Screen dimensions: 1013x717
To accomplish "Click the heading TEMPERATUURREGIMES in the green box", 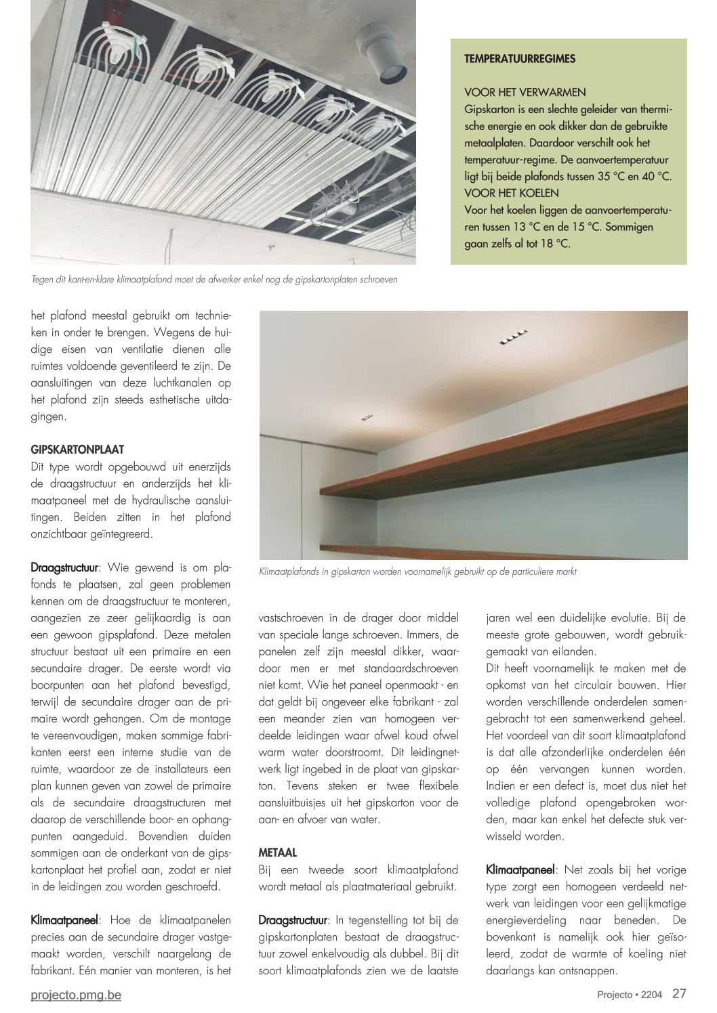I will click(x=520, y=59).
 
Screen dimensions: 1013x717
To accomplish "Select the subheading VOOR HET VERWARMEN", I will click(x=525, y=92).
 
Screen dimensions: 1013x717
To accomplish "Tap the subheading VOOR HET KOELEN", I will click(x=512, y=193).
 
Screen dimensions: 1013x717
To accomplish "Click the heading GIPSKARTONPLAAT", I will click(x=77, y=450).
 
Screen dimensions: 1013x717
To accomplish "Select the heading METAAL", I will click(x=278, y=853).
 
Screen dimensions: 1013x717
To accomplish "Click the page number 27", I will click(x=679, y=994).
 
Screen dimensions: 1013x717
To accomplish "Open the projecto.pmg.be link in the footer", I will click(x=77, y=995).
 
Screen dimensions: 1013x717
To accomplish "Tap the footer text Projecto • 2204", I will click(x=628, y=995).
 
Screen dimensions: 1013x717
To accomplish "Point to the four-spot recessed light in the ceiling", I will click(x=513, y=337).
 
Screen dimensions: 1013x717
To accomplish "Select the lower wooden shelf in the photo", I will click(x=501, y=551).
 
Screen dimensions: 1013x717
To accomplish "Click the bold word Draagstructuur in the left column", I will click(x=65, y=567).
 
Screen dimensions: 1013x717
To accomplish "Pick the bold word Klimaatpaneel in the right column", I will click(x=520, y=869).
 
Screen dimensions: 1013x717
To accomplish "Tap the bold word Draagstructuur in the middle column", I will click(x=293, y=920).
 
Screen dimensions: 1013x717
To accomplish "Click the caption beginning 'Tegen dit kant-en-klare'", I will click(x=214, y=279).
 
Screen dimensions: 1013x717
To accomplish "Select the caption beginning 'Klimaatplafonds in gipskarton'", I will click(x=417, y=572).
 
